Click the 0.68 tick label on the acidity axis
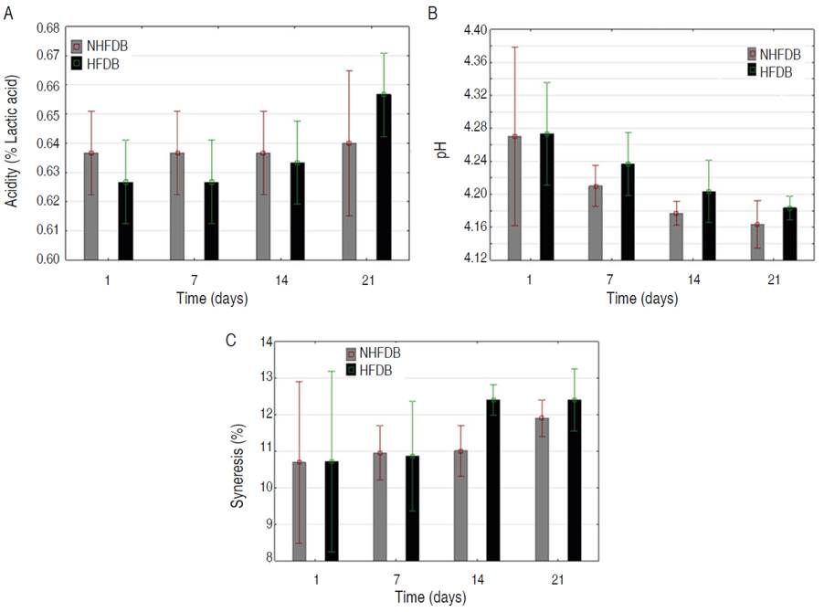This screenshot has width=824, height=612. (48, 28)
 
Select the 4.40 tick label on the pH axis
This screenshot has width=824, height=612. (470, 30)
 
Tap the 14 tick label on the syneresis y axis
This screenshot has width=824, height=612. (268, 342)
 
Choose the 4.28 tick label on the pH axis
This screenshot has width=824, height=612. (470, 129)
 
